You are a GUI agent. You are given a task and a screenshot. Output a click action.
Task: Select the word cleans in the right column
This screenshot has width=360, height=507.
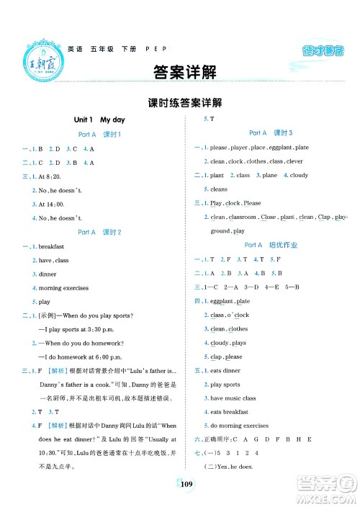[x=219, y=189]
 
